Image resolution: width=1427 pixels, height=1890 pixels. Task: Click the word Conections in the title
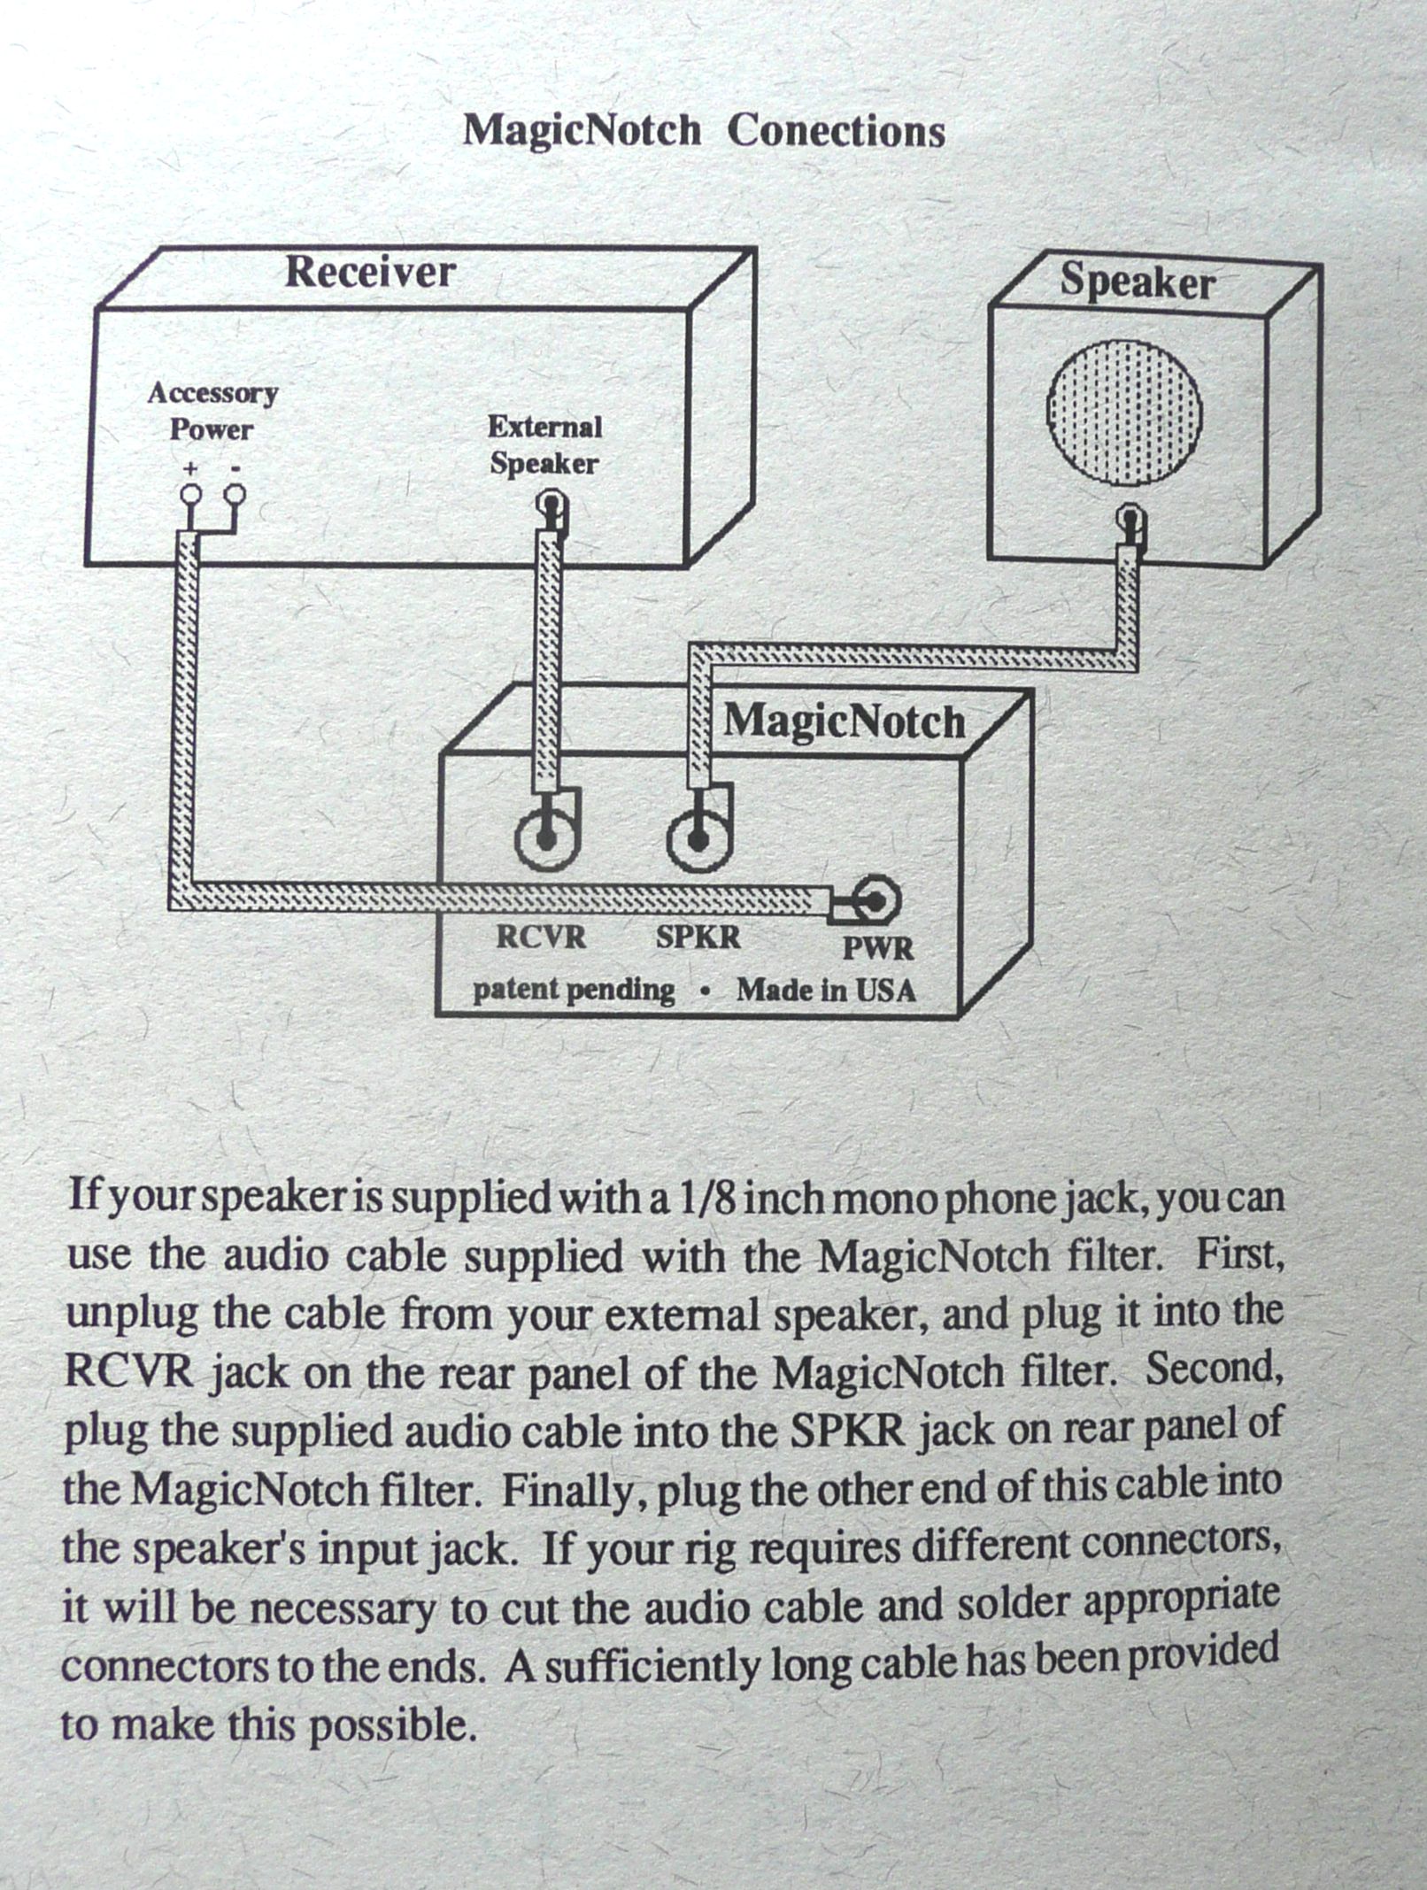pos(836,132)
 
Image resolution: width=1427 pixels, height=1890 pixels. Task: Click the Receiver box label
pos(370,272)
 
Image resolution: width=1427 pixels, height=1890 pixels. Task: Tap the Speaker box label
pos(1138,282)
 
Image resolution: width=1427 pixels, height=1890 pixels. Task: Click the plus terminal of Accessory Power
pos(189,495)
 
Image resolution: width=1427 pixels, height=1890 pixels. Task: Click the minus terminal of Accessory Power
pos(235,495)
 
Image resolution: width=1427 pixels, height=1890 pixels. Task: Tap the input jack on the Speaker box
pos(1129,516)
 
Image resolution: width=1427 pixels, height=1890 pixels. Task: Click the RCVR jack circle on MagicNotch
pos(546,838)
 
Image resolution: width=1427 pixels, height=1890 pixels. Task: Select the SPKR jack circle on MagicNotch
pos(698,838)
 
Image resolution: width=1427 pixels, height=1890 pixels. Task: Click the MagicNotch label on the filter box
pos(844,722)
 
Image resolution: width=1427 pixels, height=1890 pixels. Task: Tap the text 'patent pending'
pos(573,989)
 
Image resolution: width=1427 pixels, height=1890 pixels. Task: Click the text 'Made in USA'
pos(826,989)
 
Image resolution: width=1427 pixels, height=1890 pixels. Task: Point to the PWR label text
pos(877,949)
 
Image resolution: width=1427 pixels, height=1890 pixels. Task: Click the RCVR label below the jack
pos(541,937)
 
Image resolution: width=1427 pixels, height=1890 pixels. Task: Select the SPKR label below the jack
pos(698,937)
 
